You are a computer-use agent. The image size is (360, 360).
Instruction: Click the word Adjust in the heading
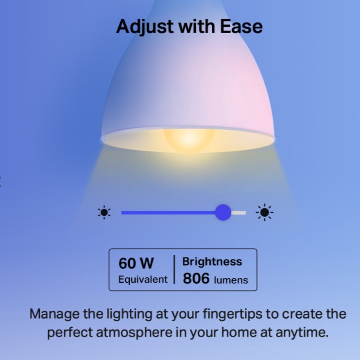tap(145, 27)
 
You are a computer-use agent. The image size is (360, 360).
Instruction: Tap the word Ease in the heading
tap(241, 26)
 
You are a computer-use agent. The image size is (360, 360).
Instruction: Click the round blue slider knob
tap(223, 212)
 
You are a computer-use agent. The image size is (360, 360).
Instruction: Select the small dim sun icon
tap(104, 212)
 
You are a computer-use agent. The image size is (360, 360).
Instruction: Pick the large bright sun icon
tap(264, 212)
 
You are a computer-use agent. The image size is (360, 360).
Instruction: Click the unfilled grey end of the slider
tap(239, 213)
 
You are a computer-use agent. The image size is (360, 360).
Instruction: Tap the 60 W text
tap(136, 263)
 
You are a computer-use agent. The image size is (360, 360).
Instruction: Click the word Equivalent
tap(143, 279)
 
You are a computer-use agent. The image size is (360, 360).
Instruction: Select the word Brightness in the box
tap(212, 261)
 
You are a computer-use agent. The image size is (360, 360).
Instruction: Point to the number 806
tap(196, 278)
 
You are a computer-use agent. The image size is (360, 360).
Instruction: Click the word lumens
tap(231, 280)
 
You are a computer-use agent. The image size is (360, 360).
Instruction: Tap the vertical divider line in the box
tap(174, 269)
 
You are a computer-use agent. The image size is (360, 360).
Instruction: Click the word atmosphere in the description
tap(134, 332)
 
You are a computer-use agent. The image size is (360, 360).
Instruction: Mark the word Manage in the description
tap(54, 314)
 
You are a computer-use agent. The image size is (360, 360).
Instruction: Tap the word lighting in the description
tap(129, 314)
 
